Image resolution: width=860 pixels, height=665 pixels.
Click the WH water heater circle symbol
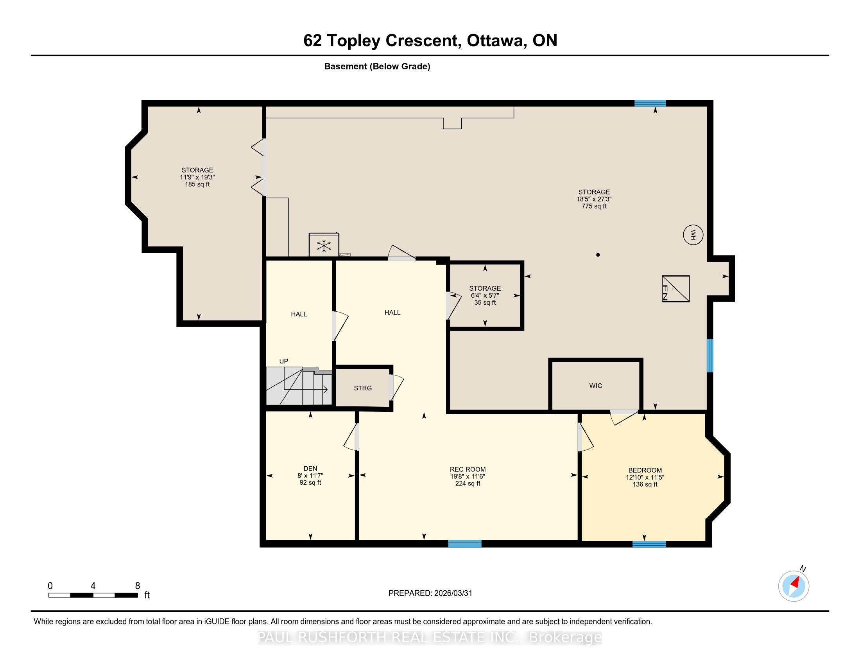pos(693,235)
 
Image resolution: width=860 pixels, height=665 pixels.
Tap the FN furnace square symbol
pos(676,289)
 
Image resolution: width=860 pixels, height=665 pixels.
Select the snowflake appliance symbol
pos(324,246)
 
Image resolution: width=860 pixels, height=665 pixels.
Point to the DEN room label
pos(310,468)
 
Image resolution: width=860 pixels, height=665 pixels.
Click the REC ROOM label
pos(468,469)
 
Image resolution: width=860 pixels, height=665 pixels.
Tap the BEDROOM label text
pos(645,470)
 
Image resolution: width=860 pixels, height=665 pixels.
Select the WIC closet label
pos(596,386)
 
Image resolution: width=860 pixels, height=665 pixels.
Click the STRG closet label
pos(363,388)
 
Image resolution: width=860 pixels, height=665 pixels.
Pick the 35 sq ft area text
pos(485,302)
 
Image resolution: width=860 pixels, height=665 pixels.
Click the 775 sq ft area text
pos(594,206)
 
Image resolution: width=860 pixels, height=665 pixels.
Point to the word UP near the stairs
pos(283,361)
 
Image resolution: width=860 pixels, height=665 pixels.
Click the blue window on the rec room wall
pos(465,544)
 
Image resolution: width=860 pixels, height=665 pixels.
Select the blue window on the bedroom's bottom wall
pos(649,544)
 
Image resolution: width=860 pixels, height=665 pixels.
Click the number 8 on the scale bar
pos(138,586)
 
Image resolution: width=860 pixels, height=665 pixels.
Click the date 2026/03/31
pos(453,593)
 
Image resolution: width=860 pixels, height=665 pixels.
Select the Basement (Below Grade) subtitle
pos(377,66)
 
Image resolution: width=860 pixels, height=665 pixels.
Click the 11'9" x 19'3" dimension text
pos(197,177)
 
